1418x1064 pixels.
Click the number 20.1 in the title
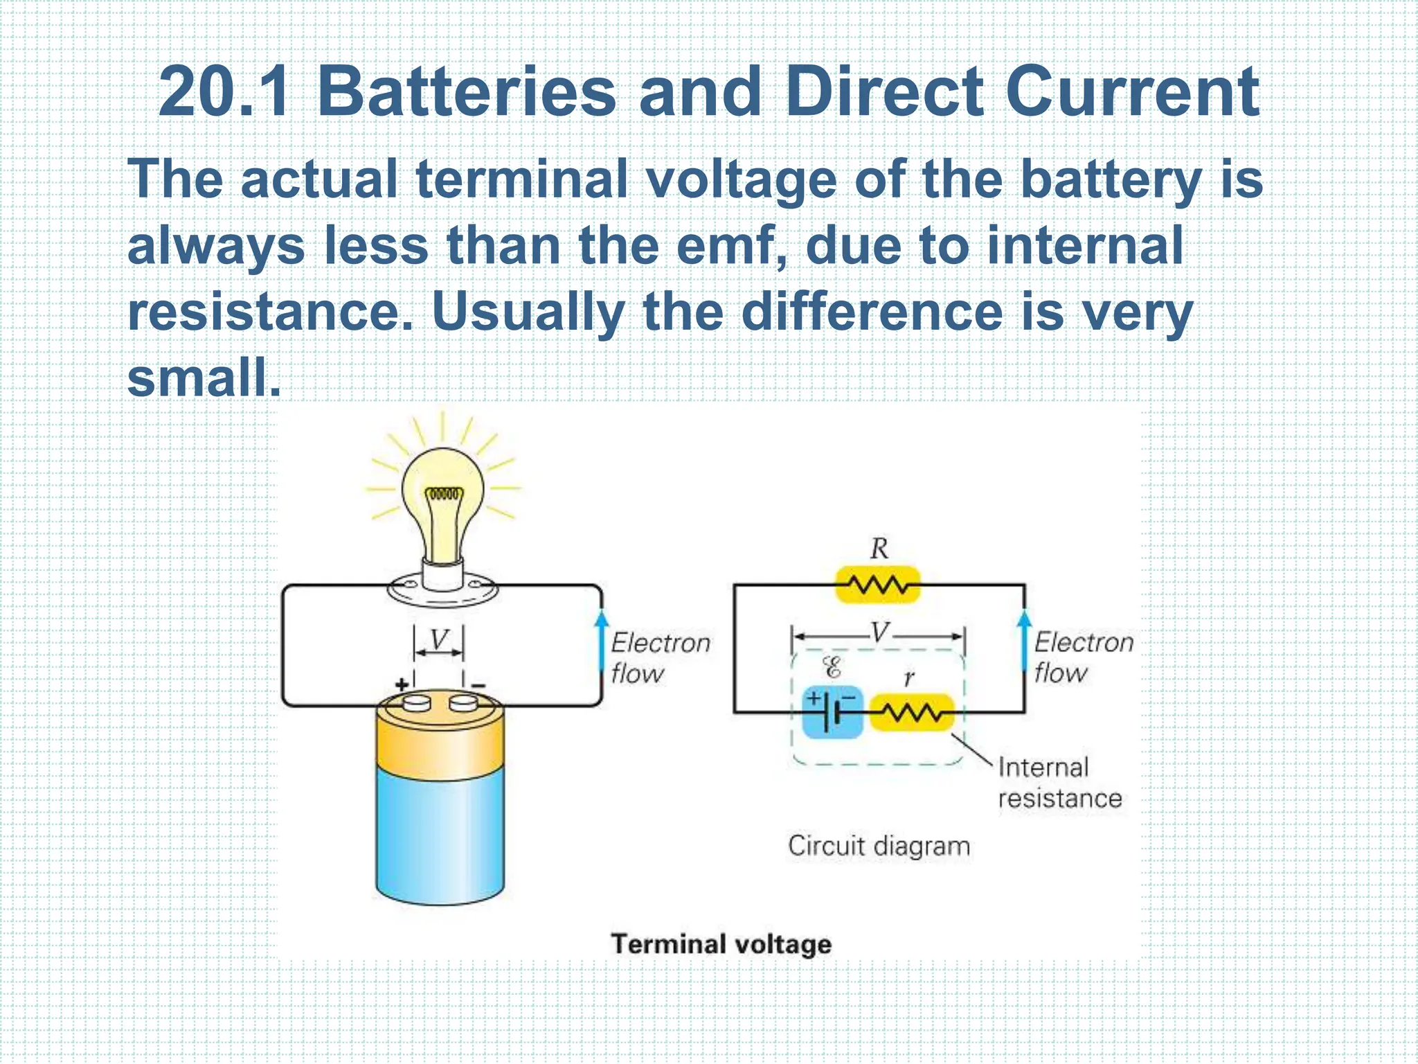[x=223, y=92]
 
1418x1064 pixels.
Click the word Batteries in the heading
[x=466, y=92]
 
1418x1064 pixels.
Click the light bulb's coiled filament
[x=443, y=495]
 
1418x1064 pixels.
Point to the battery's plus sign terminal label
[x=402, y=684]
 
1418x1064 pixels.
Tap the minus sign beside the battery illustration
[x=478, y=686]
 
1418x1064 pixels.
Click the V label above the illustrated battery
[x=439, y=639]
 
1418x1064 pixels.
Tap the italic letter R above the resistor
[x=879, y=549]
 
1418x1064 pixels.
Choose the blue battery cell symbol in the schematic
[x=832, y=712]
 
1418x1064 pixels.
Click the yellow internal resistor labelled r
[x=911, y=712]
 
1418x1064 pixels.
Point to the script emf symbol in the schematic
[x=832, y=668]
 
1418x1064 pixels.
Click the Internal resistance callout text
[x=1059, y=783]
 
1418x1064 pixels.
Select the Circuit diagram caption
[x=879, y=846]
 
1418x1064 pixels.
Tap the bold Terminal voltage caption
[x=721, y=944]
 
